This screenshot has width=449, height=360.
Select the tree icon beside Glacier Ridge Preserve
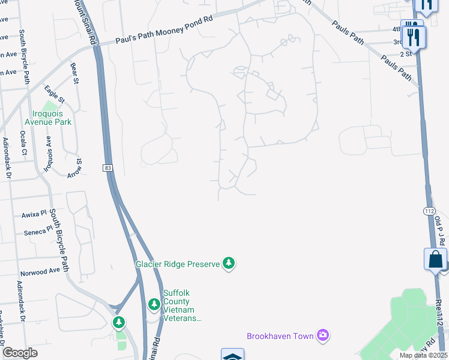(228, 263)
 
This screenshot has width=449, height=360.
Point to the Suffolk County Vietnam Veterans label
(182, 306)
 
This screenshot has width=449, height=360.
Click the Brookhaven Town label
(280, 336)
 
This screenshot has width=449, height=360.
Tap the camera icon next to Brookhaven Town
(323, 334)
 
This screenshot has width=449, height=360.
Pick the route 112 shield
(429, 211)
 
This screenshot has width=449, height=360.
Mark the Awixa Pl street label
(34, 214)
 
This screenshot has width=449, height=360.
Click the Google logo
(20, 352)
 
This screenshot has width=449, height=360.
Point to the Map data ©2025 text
(422, 355)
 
